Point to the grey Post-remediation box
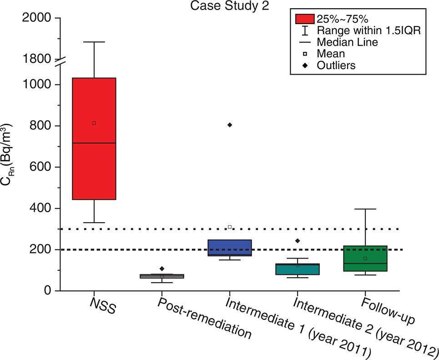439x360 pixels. [161, 276]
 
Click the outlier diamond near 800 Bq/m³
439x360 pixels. [230, 125]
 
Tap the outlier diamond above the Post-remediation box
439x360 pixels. [161, 269]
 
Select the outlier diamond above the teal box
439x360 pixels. [298, 241]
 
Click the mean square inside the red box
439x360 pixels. [94, 123]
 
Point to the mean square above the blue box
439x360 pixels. [230, 227]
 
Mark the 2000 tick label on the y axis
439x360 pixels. [39, 18]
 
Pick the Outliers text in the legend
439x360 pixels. [336, 66]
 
